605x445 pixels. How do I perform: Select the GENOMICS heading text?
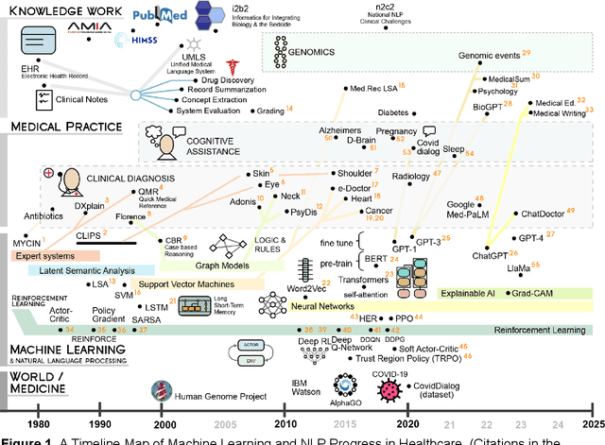click(322, 42)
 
